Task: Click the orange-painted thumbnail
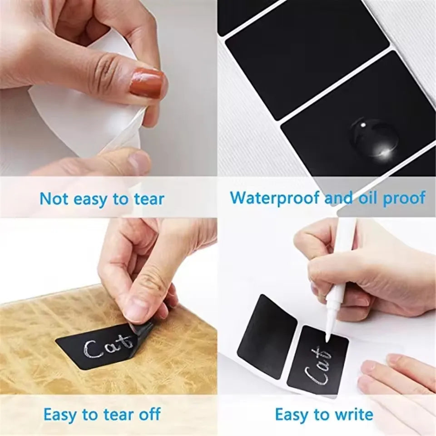(147, 83)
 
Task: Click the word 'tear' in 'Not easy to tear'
(149, 199)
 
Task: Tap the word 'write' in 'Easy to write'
(353, 415)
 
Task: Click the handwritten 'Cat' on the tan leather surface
(109, 347)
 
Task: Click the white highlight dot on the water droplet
(362, 125)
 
